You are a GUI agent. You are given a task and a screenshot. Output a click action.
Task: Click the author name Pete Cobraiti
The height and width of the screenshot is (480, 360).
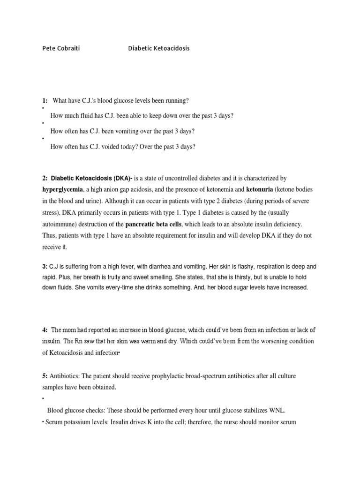point(60,48)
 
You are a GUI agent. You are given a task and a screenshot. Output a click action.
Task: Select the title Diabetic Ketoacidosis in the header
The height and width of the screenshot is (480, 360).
point(159,48)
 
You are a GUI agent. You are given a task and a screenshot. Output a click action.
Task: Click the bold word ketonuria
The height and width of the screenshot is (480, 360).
point(259,189)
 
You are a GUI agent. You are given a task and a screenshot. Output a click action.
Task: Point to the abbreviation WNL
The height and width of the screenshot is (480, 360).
point(277,410)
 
